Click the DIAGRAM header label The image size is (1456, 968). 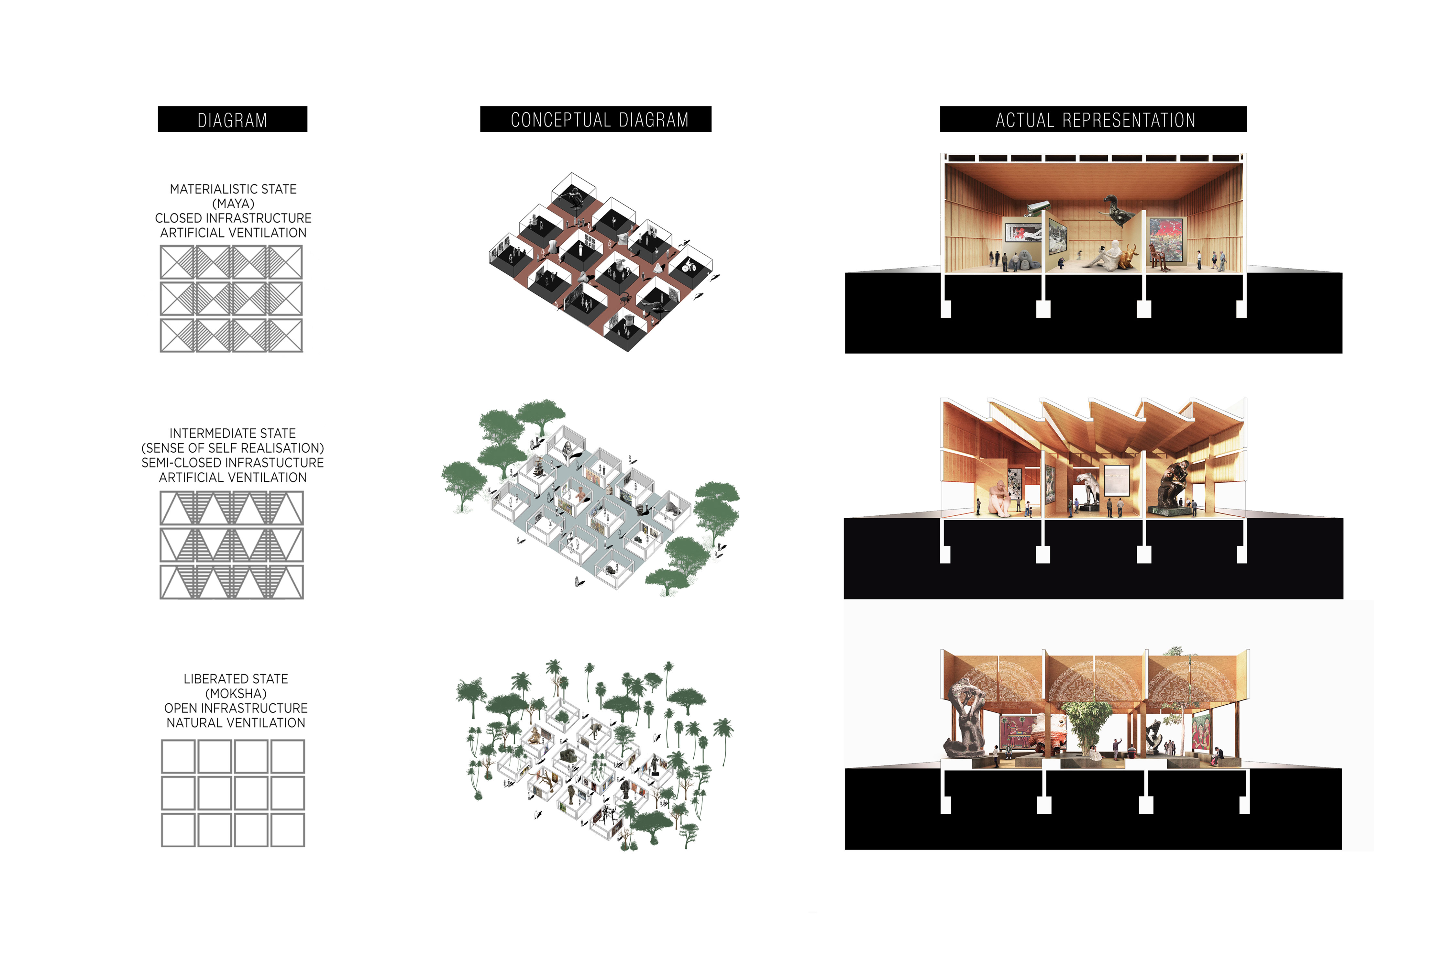coord(232,120)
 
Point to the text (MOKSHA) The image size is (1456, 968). coord(236,693)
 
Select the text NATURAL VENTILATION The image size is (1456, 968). coord(236,723)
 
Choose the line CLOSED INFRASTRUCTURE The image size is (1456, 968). coord(233,218)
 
